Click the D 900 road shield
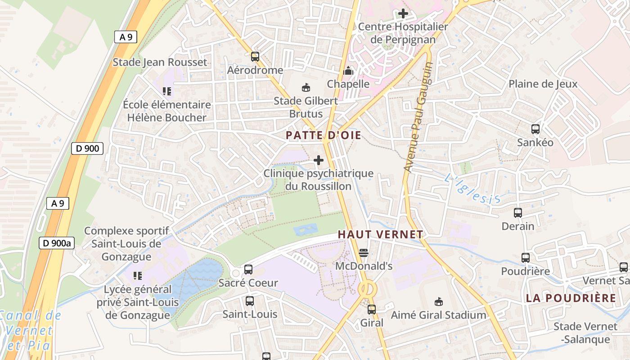87,148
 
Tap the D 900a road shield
57,243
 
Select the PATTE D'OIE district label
324,135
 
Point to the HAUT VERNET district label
380,234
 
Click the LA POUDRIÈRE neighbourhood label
571,298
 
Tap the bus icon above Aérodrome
255,57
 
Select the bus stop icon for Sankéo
535,129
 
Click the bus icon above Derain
518,213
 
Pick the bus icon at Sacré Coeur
248,270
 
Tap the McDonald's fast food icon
364,253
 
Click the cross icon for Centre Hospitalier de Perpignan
403,13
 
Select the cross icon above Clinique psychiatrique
319,160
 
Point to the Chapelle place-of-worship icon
348,71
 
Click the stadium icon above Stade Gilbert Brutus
306,87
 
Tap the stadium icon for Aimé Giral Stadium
438,301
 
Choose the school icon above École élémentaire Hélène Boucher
167,92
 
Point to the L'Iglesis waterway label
472,189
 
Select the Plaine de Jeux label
543,84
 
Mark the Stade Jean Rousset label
160,62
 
